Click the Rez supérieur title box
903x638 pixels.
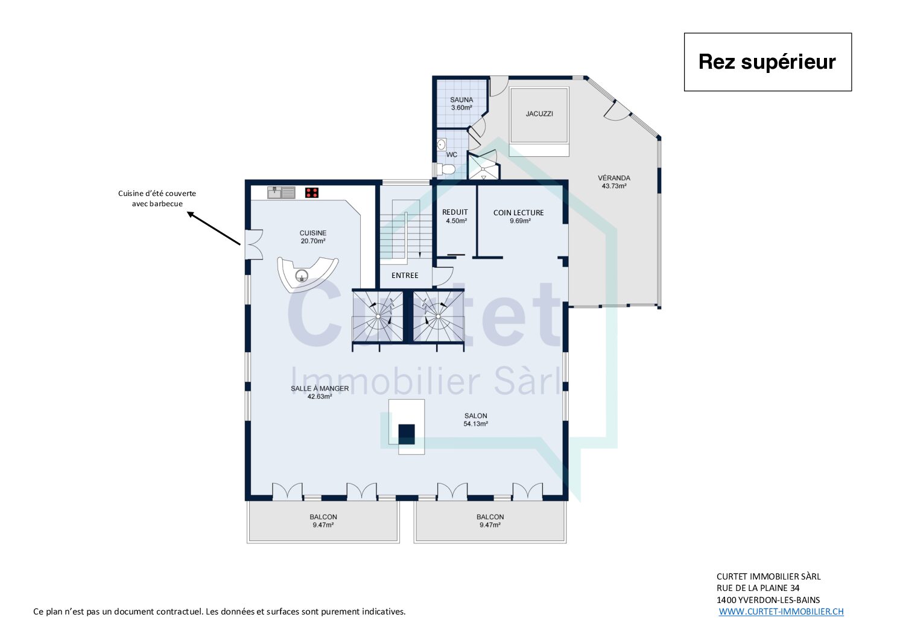pyautogui.click(x=767, y=62)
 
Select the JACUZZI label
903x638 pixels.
pyautogui.click(x=539, y=114)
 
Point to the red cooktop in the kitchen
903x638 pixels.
pyautogui.click(x=312, y=192)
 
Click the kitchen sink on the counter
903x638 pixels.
pyautogui.click(x=281, y=192)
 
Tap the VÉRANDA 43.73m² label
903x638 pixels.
pyautogui.click(x=614, y=182)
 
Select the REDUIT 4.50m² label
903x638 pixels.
pyautogui.click(x=455, y=216)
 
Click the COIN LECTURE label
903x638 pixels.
pyautogui.click(x=518, y=213)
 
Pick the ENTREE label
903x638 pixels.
pyautogui.click(x=405, y=275)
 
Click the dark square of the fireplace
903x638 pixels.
pyautogui.click(x=407, y=434)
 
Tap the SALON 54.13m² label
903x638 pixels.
pyautogui.click(x=476, y=420)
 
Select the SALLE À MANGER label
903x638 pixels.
pyautogui.click(x=320, y=388)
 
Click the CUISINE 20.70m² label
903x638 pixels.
pyautogui.click(x=313, y=237)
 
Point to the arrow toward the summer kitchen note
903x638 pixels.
pyautogui.click(x=214, y=228)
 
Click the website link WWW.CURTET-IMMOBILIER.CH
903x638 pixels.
pyautogui.click(x=781, y=611)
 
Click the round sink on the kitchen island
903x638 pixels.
pyautogui.click(x=302, y=276)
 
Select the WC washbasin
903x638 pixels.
pyautogui.click(x=442, y=144)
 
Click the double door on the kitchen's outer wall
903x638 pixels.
pyautogui.click(x=254, y=244)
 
